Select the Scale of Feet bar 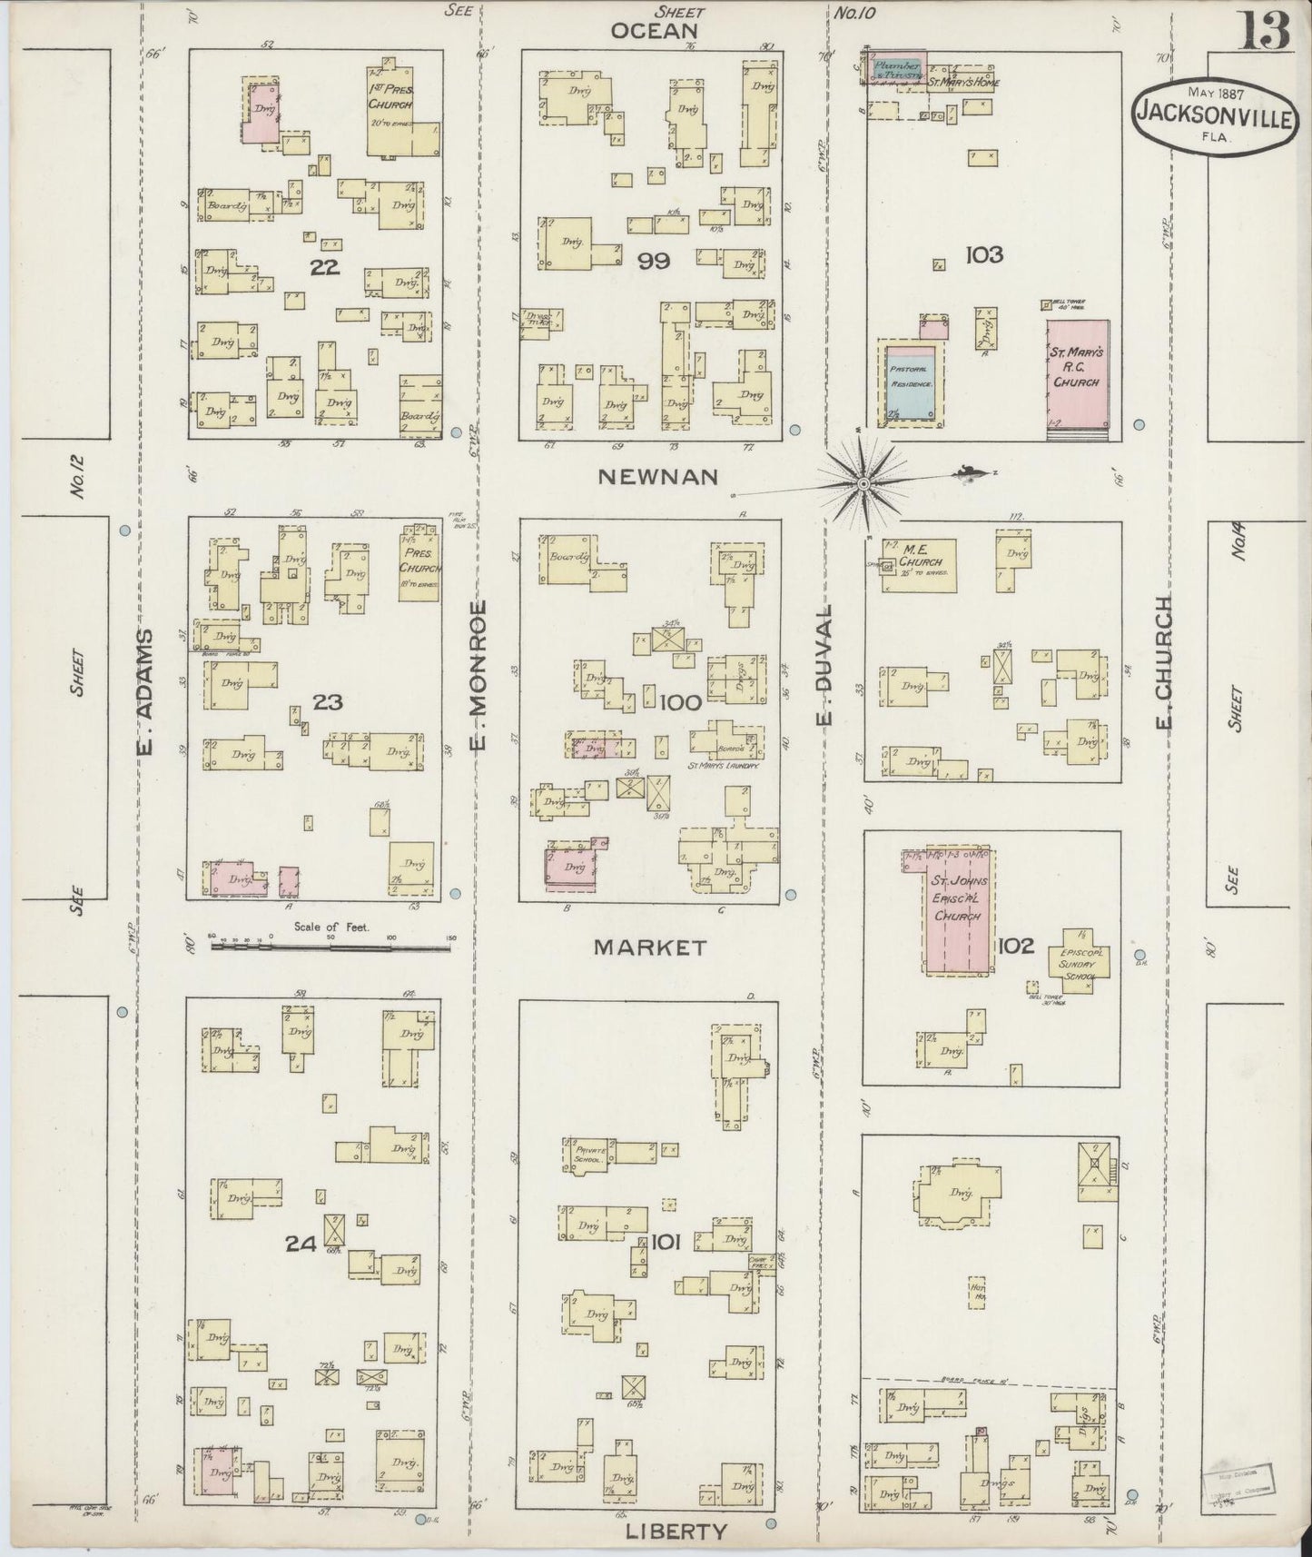pyautogui.click(x=331, y=947)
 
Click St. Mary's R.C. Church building pyautogui.click(x=1077, y=373)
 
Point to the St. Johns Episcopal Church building pyautogui.click(x=959, y=911)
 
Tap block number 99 pyautogui.click(x=653, y=262)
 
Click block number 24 pyautogui.click(x=301, y=1245)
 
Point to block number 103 pyautogui.click(x=984, y=254)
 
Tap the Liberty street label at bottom pyautogui.click(x=676, y=1531)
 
